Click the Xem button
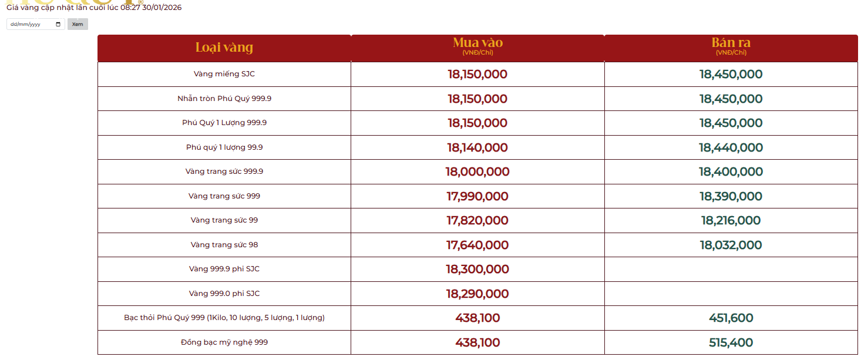pos(78,24)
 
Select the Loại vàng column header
pos(224,48)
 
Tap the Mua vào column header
pos(477,43)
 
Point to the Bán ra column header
pos(731,43)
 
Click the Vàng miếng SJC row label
pos(224,74)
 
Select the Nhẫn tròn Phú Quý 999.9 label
pos(224,99)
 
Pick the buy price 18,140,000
pos(477,147)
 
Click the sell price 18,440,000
pos(731,147)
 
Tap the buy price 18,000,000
pos(477,172)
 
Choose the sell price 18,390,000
pos(731,196)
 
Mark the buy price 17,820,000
pos(477,221)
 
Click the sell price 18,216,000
pos(731,221)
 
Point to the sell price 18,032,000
pos(731,245)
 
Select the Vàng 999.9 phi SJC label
pos(224,269)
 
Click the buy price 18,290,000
pos(477,294)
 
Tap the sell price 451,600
pos(731,318)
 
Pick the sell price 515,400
pos(731,342)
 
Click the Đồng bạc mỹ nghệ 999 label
pos(224,342)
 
